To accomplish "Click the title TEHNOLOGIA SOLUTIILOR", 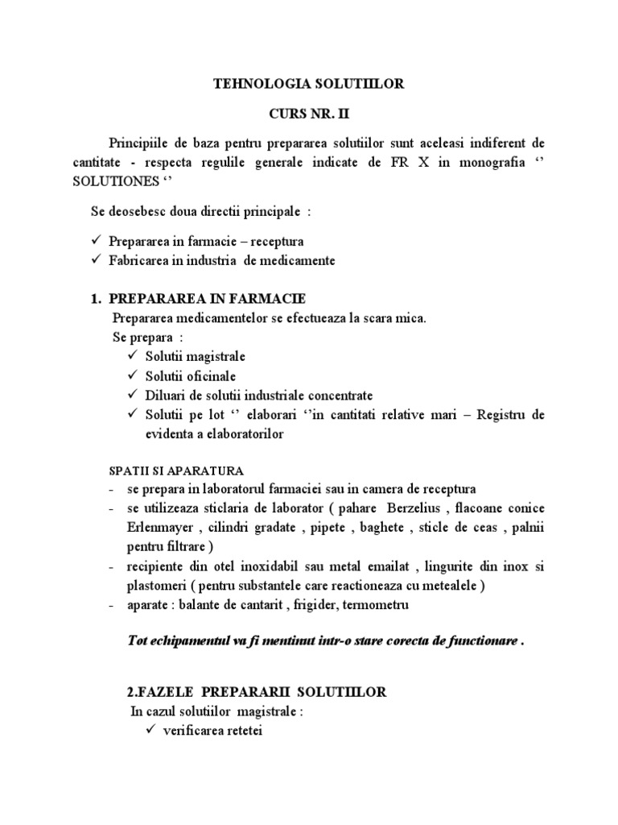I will point(308,83).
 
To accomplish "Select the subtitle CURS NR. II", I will point(308,114).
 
